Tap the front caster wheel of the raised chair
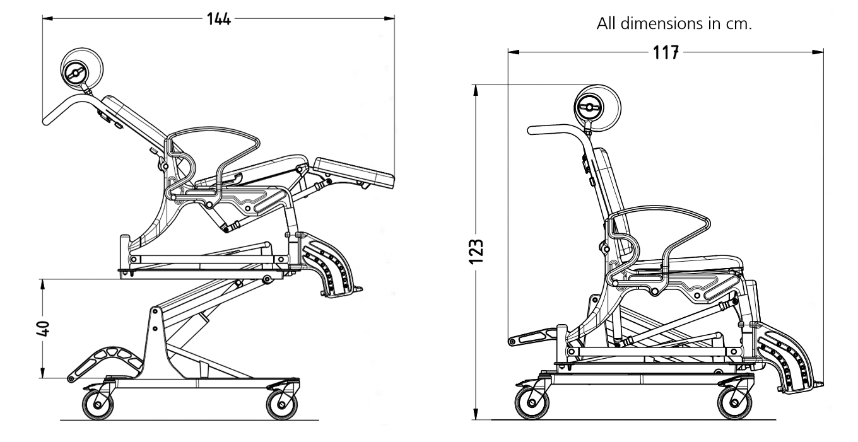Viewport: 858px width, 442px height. pyautogui.click(x=281, y=404)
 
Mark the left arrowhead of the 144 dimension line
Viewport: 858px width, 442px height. pyautogui.click(x=46, y=19)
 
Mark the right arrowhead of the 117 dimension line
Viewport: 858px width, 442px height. pyautogui.click(x=821, y=53)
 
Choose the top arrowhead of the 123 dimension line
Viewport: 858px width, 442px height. pyautogui.click(x=476, y=88)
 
